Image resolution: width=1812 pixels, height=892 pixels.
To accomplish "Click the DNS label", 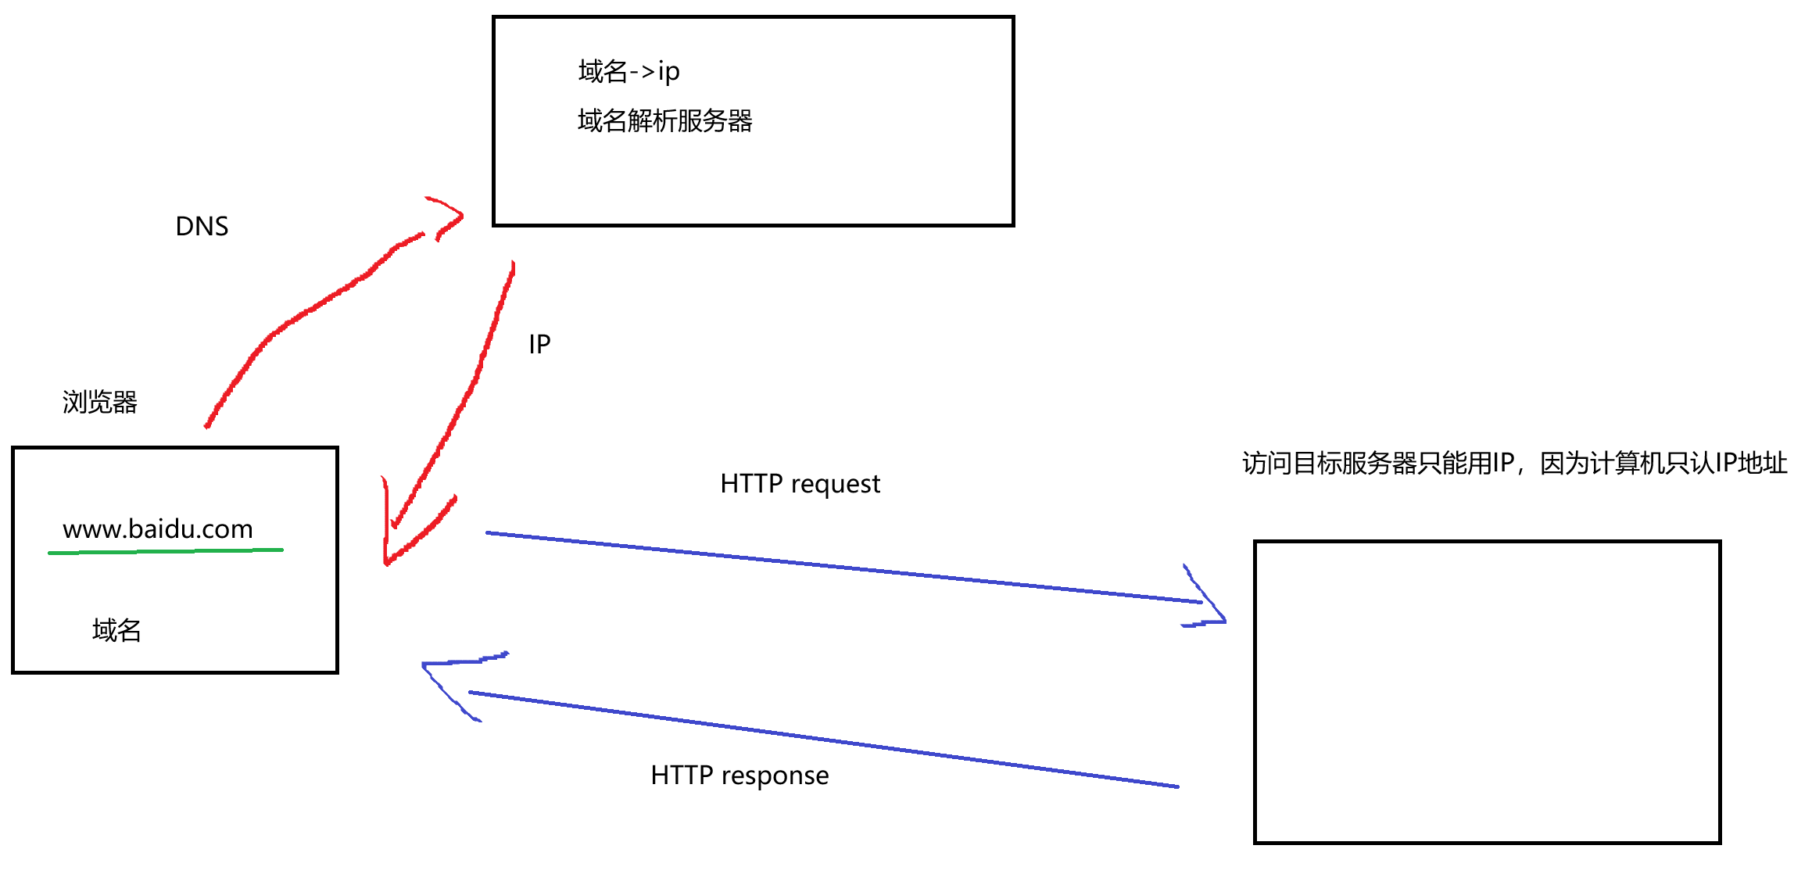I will [x=202, y=227].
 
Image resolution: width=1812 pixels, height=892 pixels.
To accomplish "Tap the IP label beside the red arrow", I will [x=539, y=344].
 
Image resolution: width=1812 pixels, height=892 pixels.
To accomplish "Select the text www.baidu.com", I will [x=158, y=529].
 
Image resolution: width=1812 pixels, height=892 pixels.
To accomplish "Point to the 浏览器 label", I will [x=99, y=402].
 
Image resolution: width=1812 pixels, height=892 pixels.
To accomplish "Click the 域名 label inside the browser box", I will [x=116, y=630].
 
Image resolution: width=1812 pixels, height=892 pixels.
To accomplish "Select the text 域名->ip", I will [x=628, y=72].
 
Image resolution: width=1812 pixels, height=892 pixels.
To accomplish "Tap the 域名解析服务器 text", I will [x=664, y=121].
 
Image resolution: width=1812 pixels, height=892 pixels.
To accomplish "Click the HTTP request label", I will [x=800, y=484].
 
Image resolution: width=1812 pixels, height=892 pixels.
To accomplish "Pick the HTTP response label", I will [x=739, y=776].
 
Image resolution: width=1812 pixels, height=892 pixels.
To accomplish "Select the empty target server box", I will [x=1487, y=692].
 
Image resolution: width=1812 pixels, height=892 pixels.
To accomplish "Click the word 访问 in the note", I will [x=1266, y=464].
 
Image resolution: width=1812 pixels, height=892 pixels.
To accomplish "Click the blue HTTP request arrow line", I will [x=844, y=568].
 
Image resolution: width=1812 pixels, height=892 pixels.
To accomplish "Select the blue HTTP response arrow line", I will [x=821, y=739].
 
